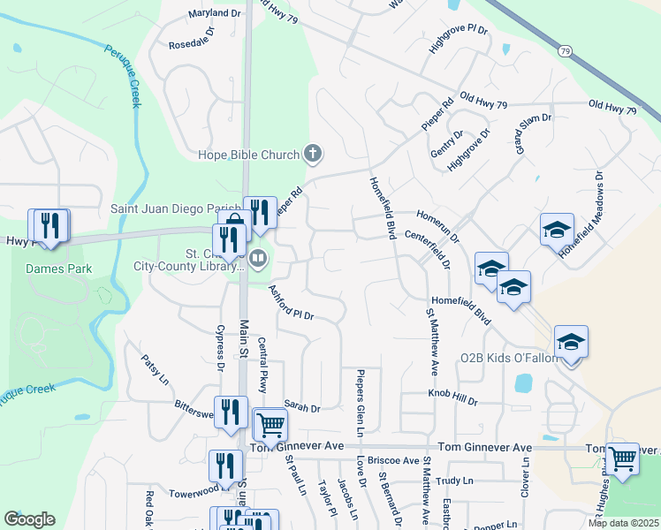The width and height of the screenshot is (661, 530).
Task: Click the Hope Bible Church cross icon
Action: point(311,155)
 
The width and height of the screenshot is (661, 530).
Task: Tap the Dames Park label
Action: point(52,268)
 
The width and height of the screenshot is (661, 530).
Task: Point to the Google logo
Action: point(29,519)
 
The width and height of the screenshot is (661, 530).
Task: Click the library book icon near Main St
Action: point(258,259)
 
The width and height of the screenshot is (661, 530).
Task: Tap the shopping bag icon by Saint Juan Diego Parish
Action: point(234,222)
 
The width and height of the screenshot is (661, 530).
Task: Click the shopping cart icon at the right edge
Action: point(622,458)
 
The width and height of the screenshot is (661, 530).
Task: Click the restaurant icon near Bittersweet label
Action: point(230,411)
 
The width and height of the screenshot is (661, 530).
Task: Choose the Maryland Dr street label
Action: point(215,14)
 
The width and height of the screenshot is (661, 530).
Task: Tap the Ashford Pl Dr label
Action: point(292,302)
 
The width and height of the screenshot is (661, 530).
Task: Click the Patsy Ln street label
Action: point(156,369)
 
